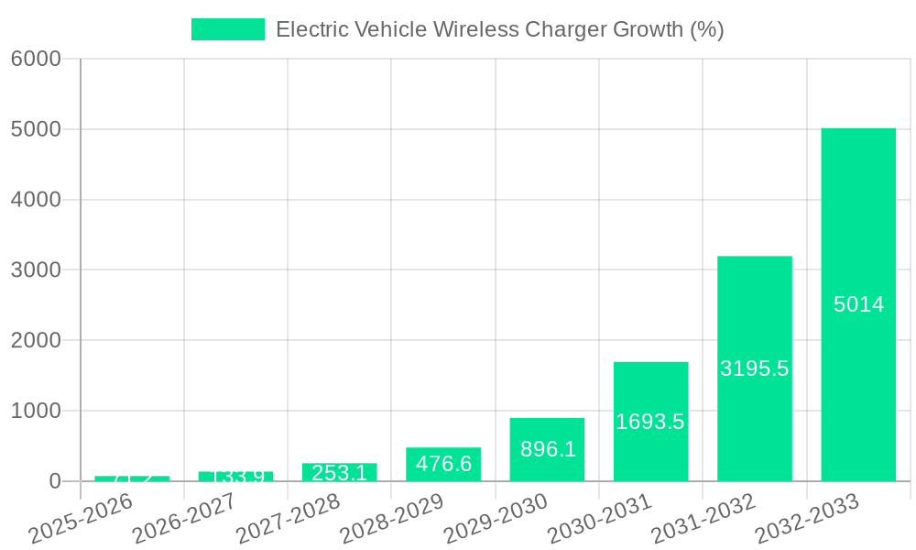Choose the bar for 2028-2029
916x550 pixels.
pyautogui.click(x=443, y=464)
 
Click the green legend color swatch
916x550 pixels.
pyautogui.click(x=227, y=29)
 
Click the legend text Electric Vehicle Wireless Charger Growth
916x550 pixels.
pyautogui.click(x=499, y=29)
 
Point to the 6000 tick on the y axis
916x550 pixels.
pyautogui.click(x=36, y=59)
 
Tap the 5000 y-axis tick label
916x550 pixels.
pyautogui.click(x=36, y=129)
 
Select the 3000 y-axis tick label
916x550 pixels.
pyautogui.click(x=36, y=270)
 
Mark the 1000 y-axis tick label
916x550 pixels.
pyautogui.click(x=36, y=411)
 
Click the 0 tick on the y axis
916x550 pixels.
pyautogui.click(x=55, y=481)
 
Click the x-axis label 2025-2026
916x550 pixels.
pyautogui.click(x=82, y=519)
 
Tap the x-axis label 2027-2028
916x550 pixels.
pyautogui.click(x=289, y=519)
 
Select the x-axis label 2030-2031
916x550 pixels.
pyautogui.click(x=600, y=519)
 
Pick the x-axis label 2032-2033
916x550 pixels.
pyautogui.click(x=807, y=519)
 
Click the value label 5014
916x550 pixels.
pyautogui.click(x=858, y=305)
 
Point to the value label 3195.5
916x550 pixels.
pyautogui.click(x=755, y=368)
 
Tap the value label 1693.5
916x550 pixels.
pyautogui.click(x=650, y=422)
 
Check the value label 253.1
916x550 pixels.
pyautogui.click(x=339, y=473)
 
